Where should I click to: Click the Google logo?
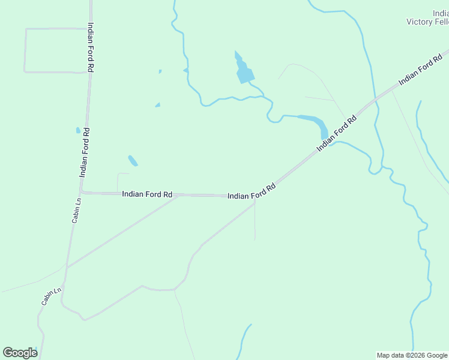coord(20,353)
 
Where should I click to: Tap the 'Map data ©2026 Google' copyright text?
coord(412,355)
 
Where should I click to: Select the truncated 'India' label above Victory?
coord(440,13)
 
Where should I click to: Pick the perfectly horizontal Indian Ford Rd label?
coord(147,194)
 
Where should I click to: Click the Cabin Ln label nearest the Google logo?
coord(52,296)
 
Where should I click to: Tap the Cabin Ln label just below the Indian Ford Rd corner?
coord(76,211)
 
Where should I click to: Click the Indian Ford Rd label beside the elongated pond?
coord(337,133)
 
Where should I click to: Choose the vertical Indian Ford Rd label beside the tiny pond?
coord(85,152)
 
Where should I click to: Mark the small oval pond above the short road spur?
coord(133,160)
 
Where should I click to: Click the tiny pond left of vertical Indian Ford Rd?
coord(78,130)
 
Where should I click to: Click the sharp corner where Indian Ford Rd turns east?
coord(82,193)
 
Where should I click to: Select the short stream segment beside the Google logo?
coord(37,352)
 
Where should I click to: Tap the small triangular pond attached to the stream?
coord(186,71)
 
